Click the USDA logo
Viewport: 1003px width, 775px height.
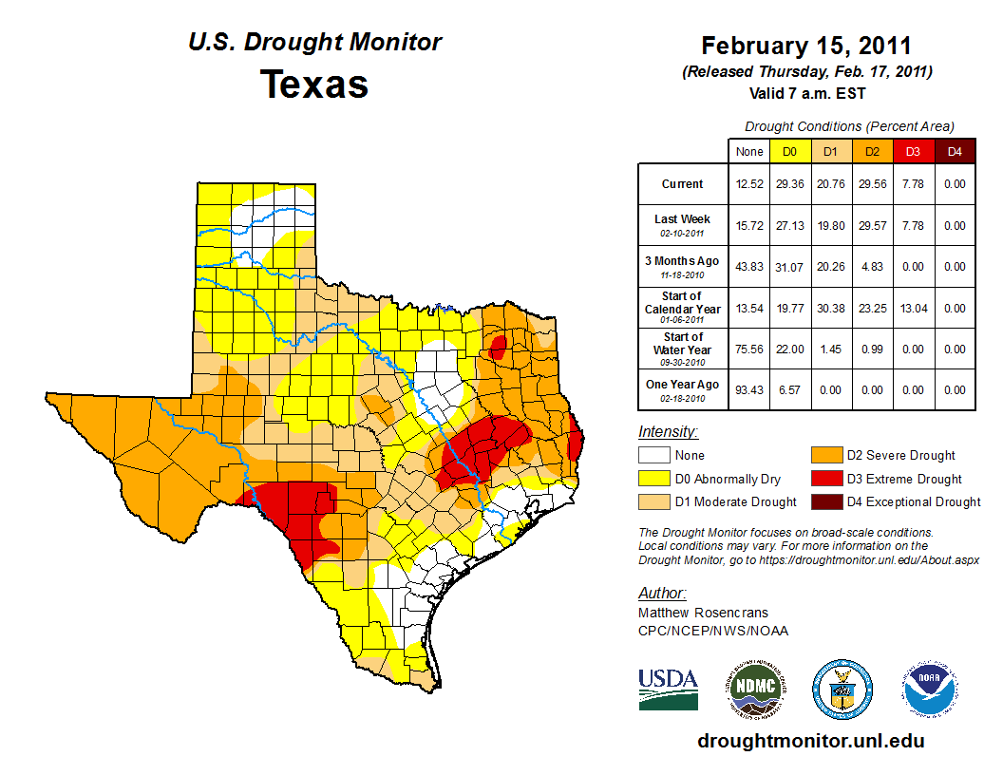coord(668,689)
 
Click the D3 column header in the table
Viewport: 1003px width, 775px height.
coord(914,151)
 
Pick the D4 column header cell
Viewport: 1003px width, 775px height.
coord(955,151)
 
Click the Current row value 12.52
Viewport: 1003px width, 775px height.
coord(749,184)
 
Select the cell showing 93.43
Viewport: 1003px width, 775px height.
coord(749,389)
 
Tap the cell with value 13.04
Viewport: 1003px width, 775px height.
coord(914,308)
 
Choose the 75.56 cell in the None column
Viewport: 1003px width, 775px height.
coord(749,349)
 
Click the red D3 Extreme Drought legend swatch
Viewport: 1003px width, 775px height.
coord(824,479)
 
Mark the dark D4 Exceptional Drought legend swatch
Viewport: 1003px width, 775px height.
coord(824,501)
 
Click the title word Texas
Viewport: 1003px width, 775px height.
coord(314,85)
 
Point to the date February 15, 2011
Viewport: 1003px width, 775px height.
coord(806,46)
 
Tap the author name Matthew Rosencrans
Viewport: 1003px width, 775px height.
coord(704,613)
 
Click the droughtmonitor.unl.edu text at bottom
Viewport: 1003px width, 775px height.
coord(810,741)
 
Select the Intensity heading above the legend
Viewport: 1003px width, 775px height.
coord(669,432)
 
